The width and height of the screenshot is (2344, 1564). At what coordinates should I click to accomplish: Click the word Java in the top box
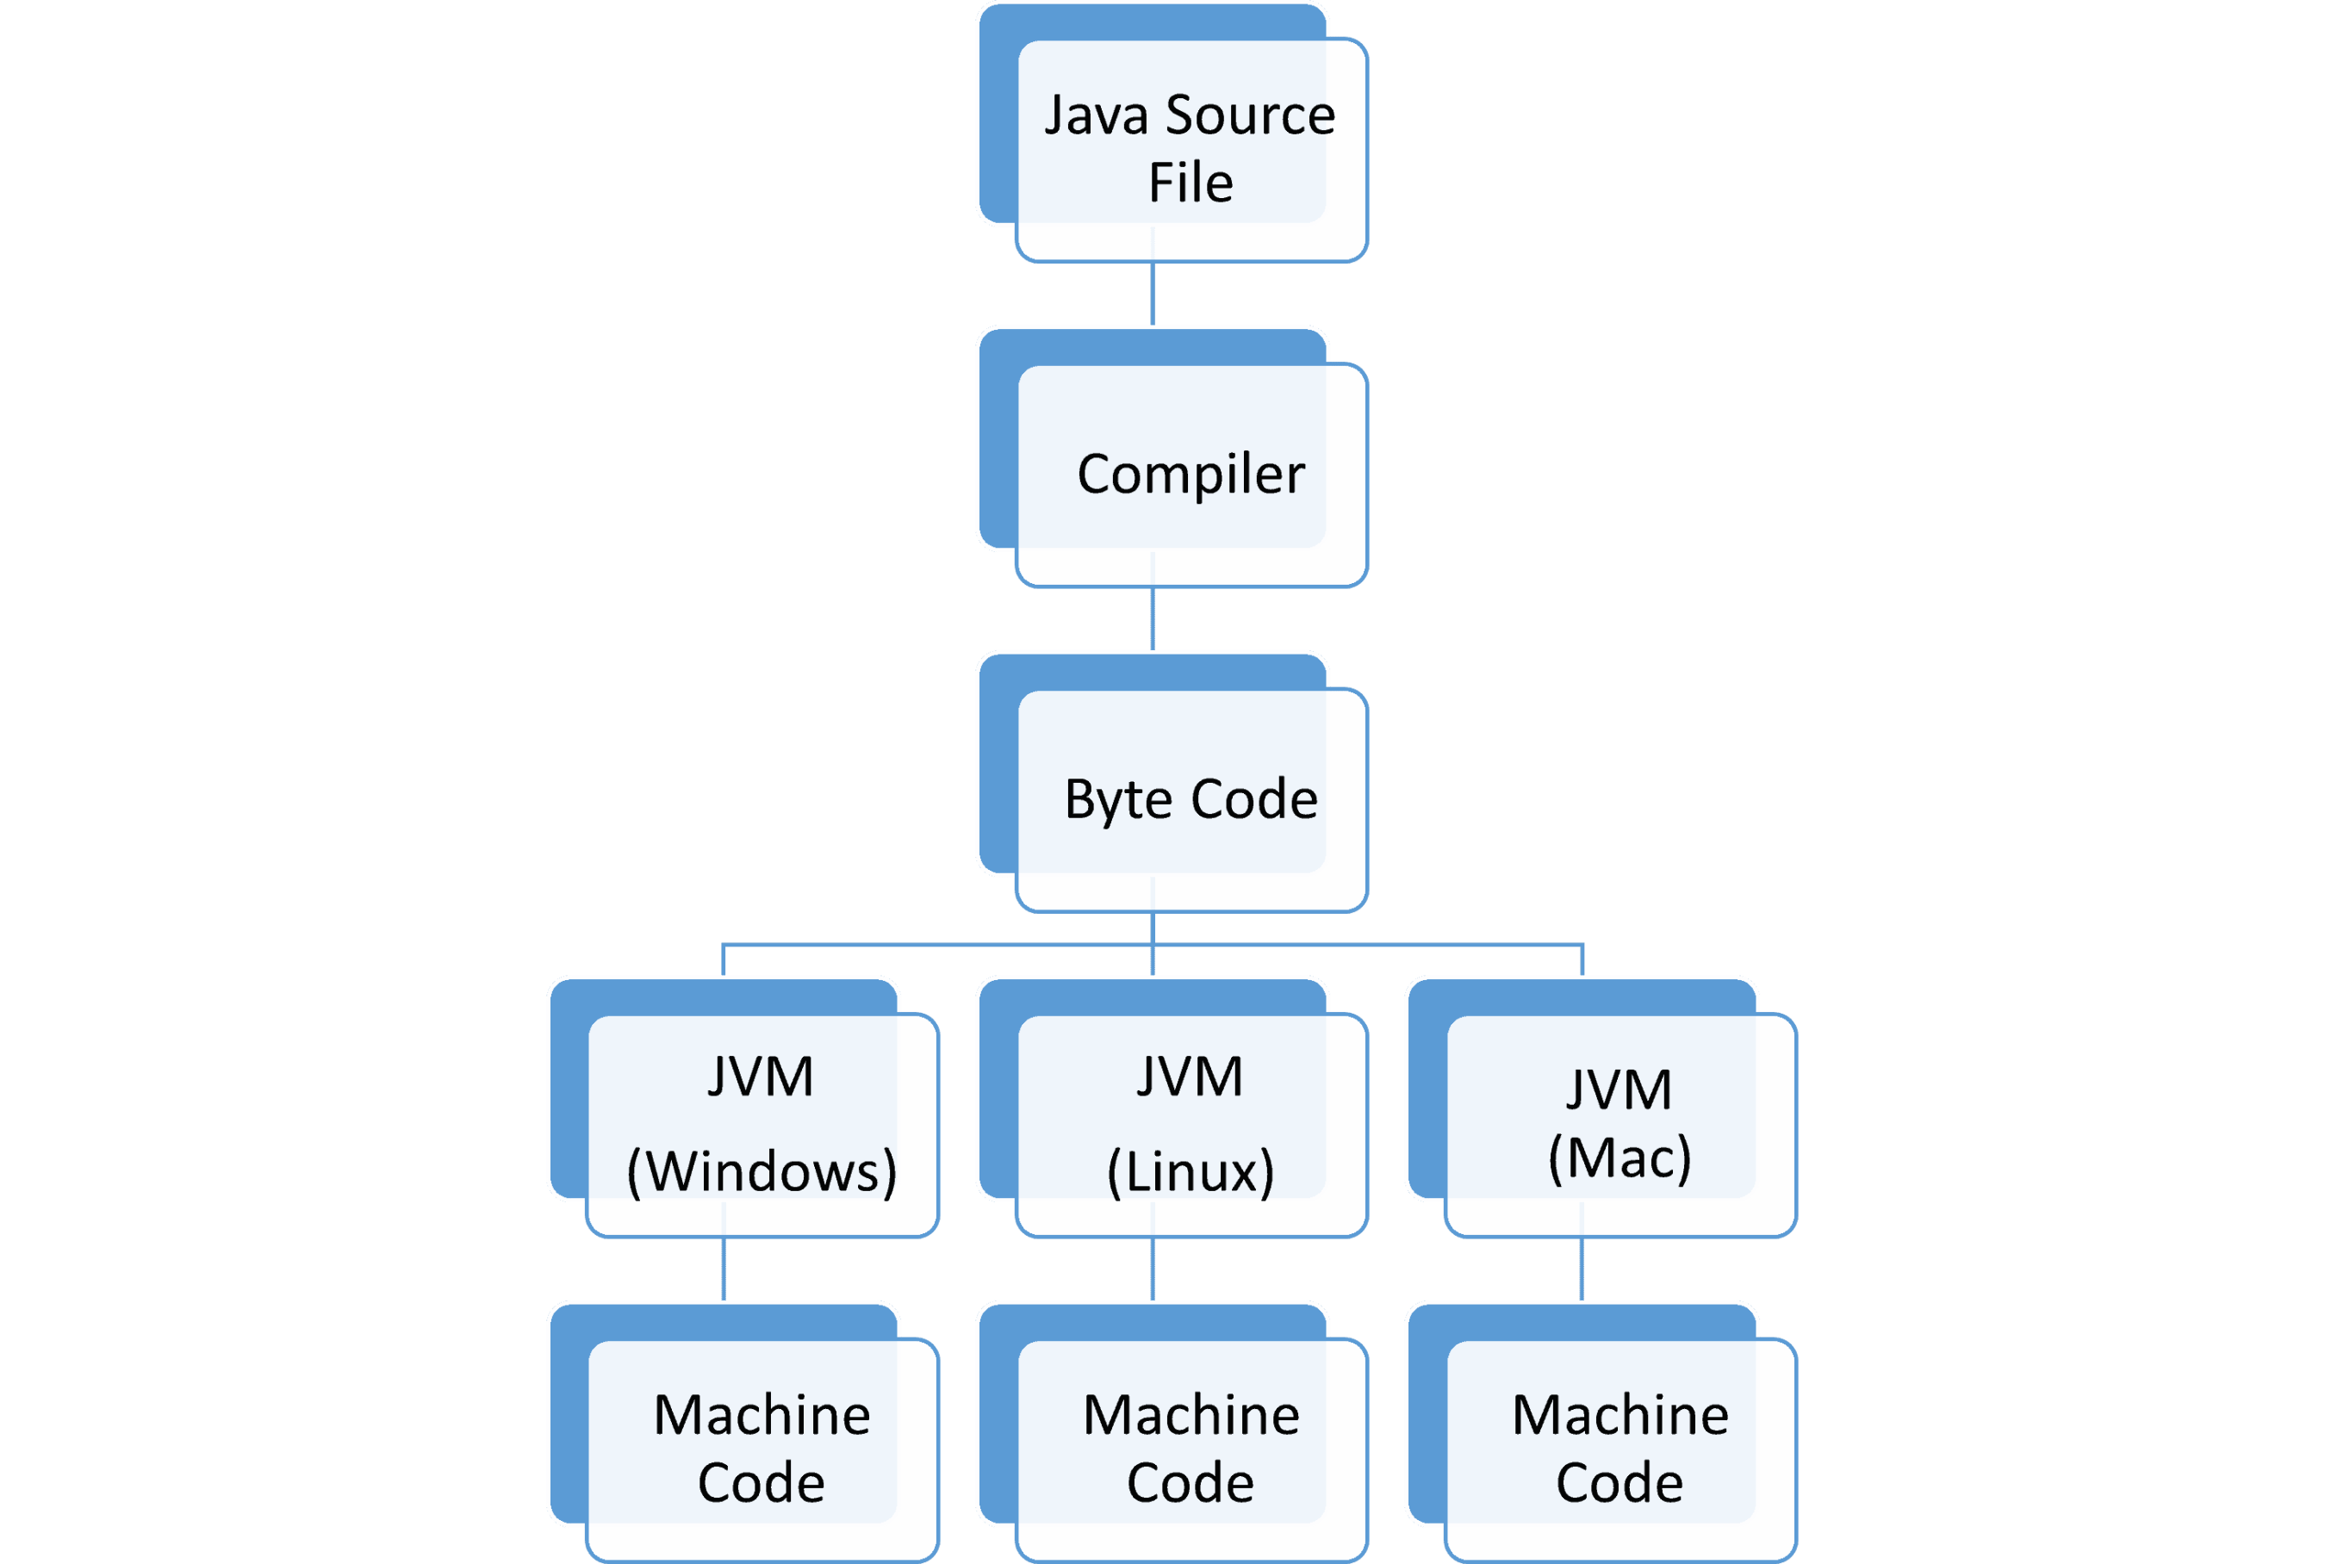click(1097, 115)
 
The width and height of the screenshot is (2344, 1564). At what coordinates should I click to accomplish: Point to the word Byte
click(1119, 801)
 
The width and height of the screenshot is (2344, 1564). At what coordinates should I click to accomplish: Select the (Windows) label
click(762, 1172)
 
